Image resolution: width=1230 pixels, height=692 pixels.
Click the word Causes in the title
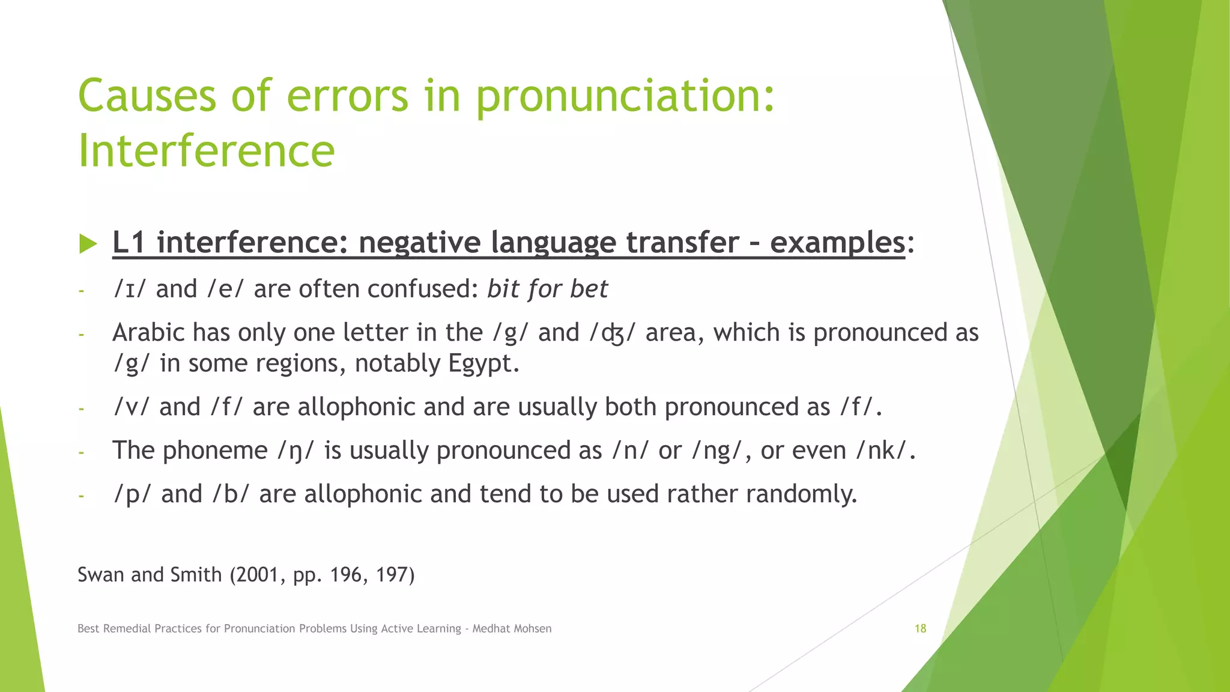coord(147,96)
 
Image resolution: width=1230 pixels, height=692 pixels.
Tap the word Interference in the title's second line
coord(206,151)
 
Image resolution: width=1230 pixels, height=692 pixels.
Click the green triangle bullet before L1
coord(88,244)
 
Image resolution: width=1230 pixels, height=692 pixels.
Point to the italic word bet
coord(589,290)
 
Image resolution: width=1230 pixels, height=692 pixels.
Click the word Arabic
coord(147,333)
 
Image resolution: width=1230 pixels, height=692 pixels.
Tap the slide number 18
coord(920,629)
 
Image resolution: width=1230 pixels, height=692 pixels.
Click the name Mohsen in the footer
coord(532,629)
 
